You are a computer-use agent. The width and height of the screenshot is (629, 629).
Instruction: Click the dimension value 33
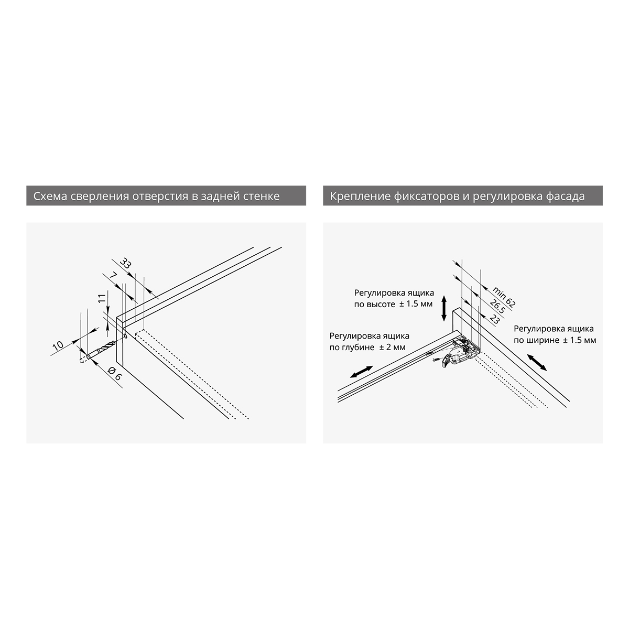coord(125,263)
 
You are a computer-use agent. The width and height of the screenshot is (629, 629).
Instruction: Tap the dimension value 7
coord(113,276)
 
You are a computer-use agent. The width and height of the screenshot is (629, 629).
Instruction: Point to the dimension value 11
coord(102,298)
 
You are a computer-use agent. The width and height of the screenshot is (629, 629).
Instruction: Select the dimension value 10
coord(58,345)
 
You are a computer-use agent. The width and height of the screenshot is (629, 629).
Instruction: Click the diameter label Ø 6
coord(114,373)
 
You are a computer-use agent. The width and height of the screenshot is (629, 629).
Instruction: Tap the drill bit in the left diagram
coord(101,350)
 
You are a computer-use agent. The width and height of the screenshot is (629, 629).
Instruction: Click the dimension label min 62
coord(504,297)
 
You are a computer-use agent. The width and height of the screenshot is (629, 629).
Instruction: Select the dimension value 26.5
coord(497,306)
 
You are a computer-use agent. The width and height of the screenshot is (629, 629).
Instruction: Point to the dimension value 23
coord(494,319)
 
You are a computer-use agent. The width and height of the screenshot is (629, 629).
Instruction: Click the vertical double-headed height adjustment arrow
coord(444,308)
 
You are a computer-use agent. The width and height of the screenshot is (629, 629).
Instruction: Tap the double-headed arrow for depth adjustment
coord(361,372)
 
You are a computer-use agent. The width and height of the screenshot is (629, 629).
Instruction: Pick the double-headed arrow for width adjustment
coord(537,362)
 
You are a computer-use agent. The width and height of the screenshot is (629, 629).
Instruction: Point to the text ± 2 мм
coord(392,348)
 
